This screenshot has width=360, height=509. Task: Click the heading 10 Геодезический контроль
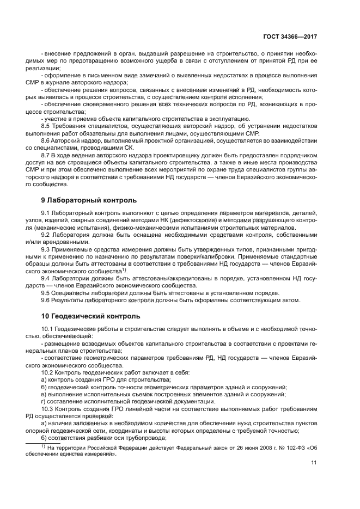click(x=87, y=316)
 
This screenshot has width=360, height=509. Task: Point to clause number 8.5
click(x=46, y=126)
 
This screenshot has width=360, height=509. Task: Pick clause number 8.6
click(x=46, y=140)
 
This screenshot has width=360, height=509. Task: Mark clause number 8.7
click(x=46, y=155)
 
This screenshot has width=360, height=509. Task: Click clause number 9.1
click(x=46, y=213)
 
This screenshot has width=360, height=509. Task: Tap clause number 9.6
click(x=46, y=300)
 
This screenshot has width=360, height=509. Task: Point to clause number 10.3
click(x=48, y=408)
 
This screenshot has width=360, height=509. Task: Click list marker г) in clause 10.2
click(x=44, y=401)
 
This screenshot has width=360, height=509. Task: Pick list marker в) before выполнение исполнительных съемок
click(x=44, y=394)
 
